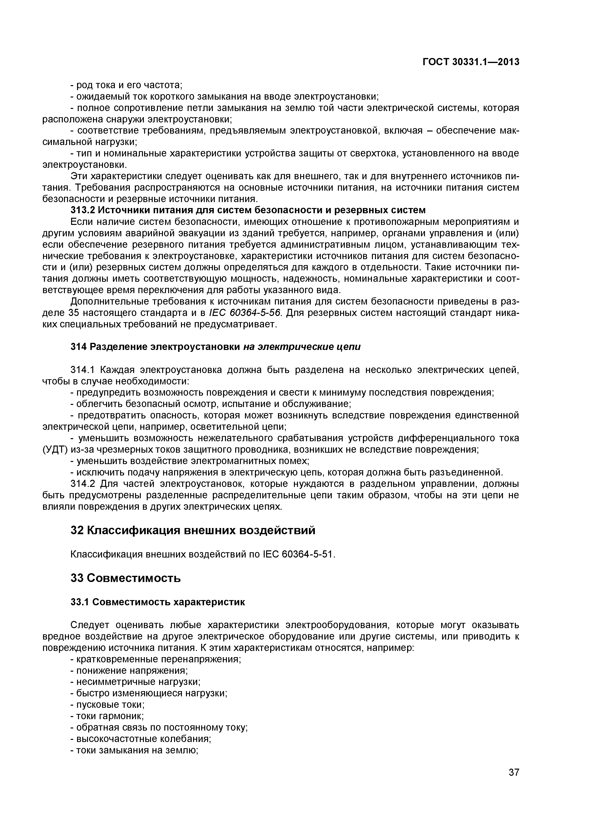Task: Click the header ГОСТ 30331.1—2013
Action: click(471, 62)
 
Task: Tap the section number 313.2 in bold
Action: click(83, 210)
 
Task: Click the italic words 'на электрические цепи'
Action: click(302, 347)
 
